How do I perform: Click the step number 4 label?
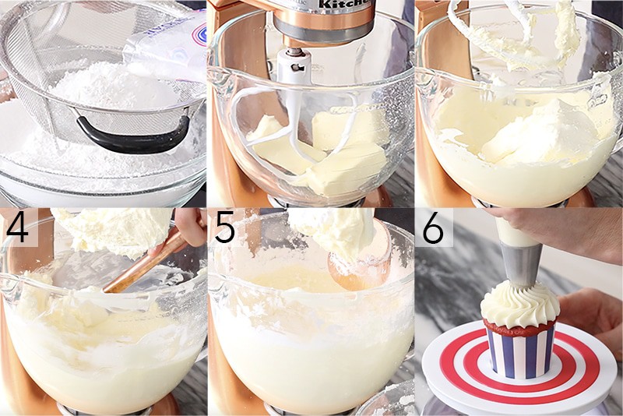18,227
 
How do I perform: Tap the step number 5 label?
225,227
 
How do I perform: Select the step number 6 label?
433,227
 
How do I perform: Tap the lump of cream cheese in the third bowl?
537,132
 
